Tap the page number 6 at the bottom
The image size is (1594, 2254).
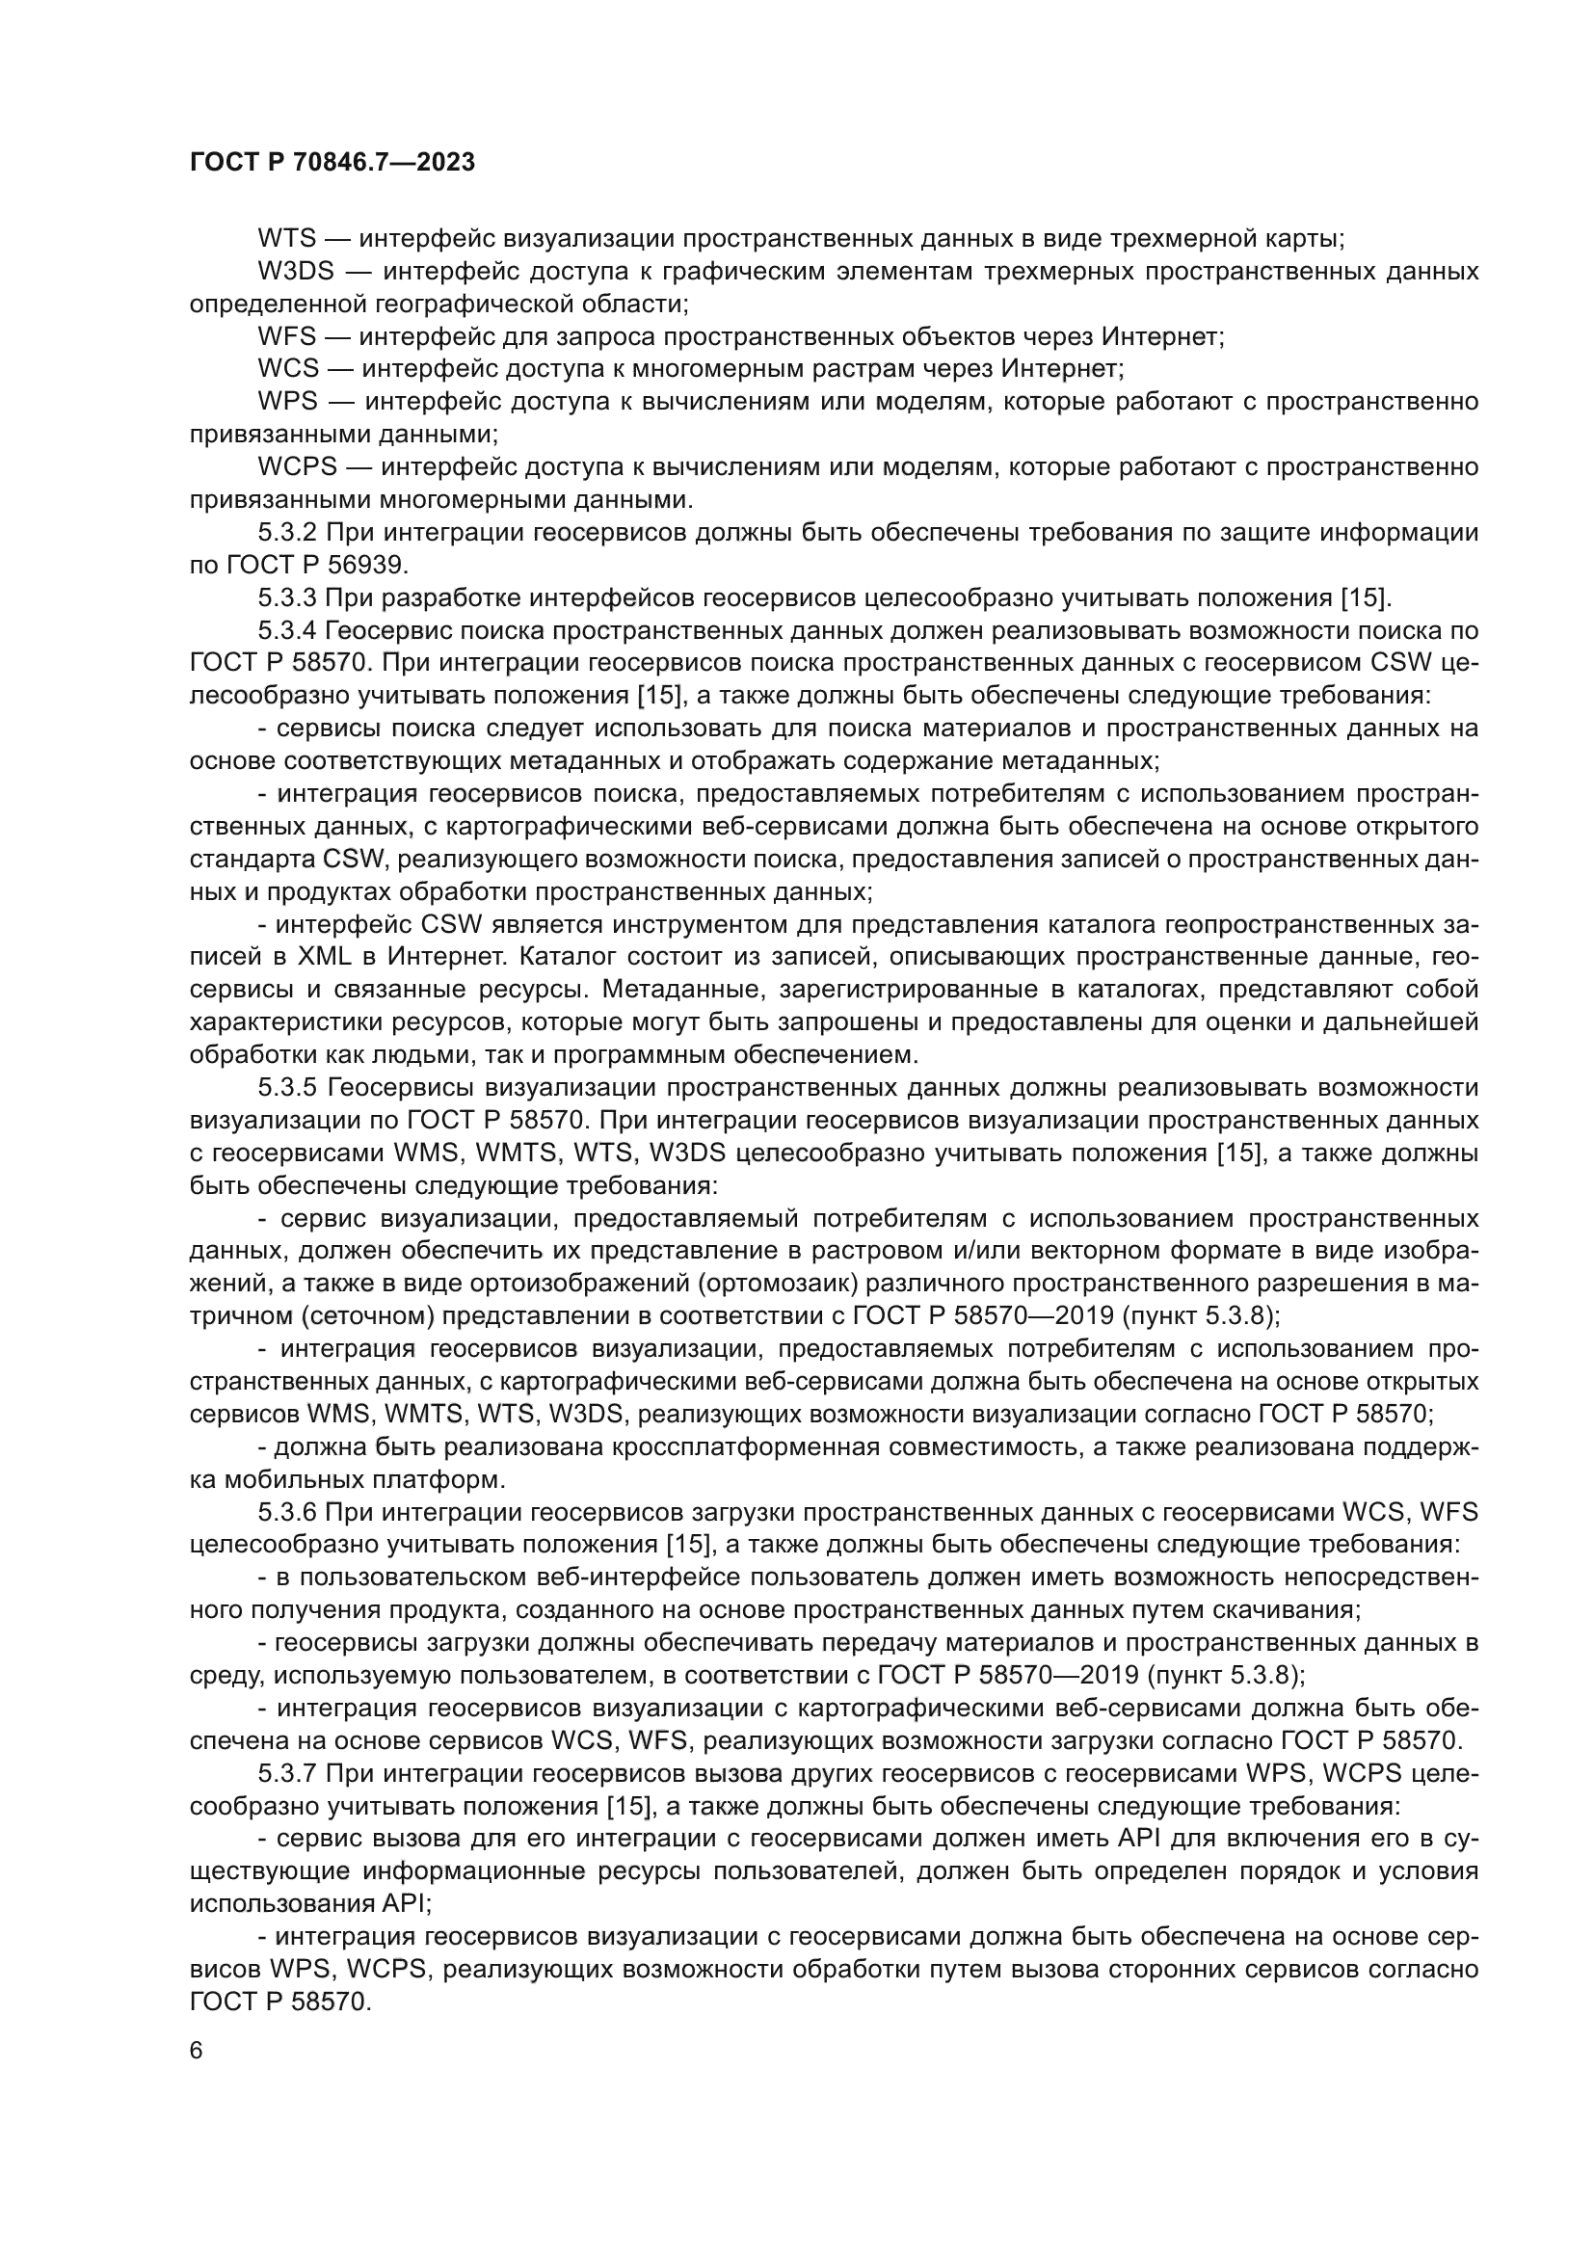pyautogui.click(x=197, y=2051)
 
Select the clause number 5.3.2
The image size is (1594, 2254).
pyautogui.click(x=287, y=533)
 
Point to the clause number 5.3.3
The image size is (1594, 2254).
pyautogui.click(x=287, y=597)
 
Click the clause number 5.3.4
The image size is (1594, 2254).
pyautogui.click(x=287, y=630)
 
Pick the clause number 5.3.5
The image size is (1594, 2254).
pyautogui.click(x=287, y=1088)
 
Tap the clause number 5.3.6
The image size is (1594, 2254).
pyautogui.click(x=287, y=1512)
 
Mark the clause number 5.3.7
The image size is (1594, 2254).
pyautogui.click(x=287, y=1774)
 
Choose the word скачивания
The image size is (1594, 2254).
pyautogui.click(x=1287, y=1610)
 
